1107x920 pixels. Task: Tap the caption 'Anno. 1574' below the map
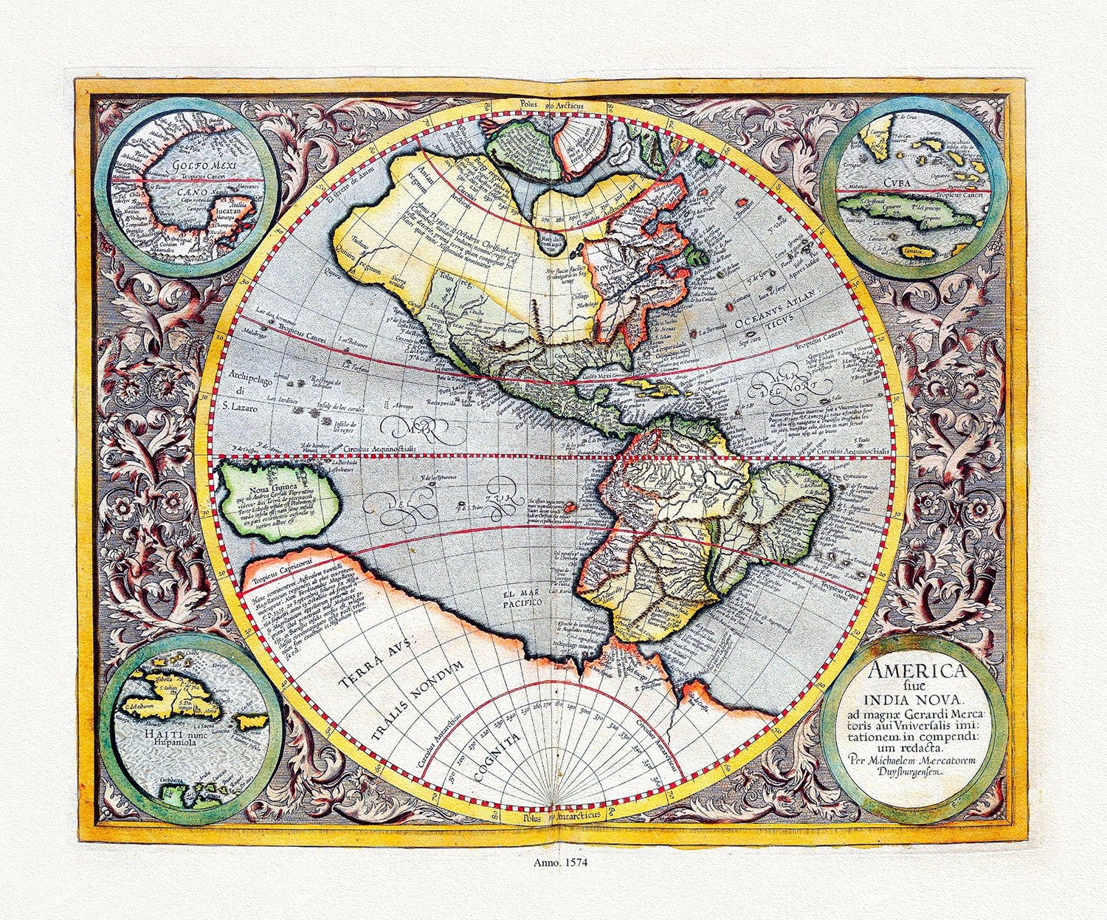[x=553, y=861]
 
